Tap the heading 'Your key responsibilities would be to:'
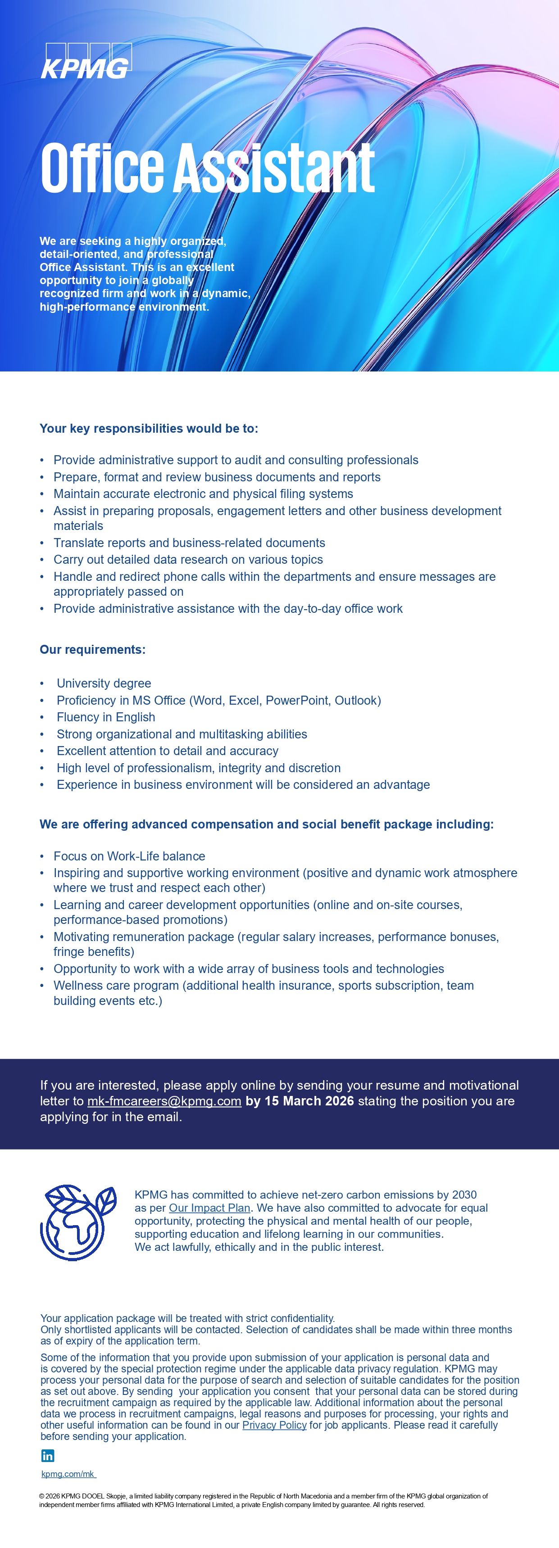tap(149, 429)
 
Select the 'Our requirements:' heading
tap(92, 650)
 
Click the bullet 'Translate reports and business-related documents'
tap(189, 543)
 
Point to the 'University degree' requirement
tap(104, 683)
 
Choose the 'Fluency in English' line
tap(106, 717)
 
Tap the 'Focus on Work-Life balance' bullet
tap(129, 856)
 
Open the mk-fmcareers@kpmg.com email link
tap(164, 1101)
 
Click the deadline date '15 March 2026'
tap(309, 1101)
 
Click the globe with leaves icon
tap(77, 1222)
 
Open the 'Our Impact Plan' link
tap(209, 1208)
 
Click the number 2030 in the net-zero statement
tap(464, 1195)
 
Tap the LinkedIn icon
tap(47, 1455)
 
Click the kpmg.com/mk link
tap(68, 1474)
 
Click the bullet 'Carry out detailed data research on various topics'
tap(188, 560)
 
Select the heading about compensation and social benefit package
tap(266, 824)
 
